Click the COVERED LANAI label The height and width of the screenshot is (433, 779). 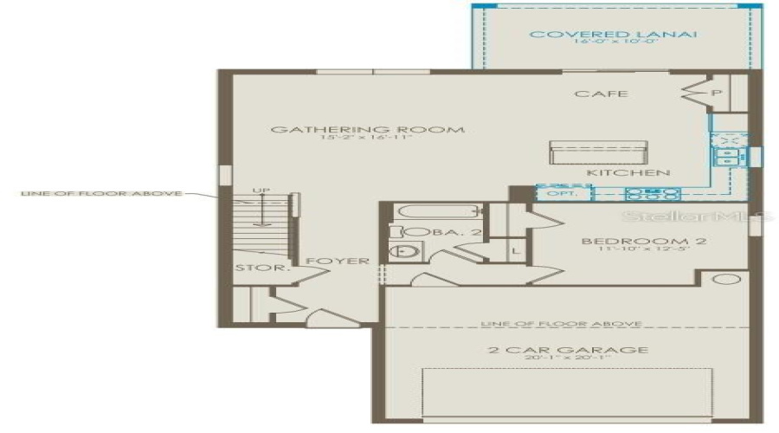pyautogui.click(x=614, y=35)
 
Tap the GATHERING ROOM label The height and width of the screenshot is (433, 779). pyautogui.click(x=367, y=130)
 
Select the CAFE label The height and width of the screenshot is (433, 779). pyautogui.click(x=602, y=94)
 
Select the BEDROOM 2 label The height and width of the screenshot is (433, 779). pyautogui.click(x=643, y=241)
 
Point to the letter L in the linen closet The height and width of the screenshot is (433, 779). pyautogui.click(x=517, y=250)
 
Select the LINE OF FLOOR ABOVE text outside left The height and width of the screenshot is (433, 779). pyautogui.click(x=101, y=193)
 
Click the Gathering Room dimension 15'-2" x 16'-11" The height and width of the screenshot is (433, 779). pyautogui.click(x=367, y=139)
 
